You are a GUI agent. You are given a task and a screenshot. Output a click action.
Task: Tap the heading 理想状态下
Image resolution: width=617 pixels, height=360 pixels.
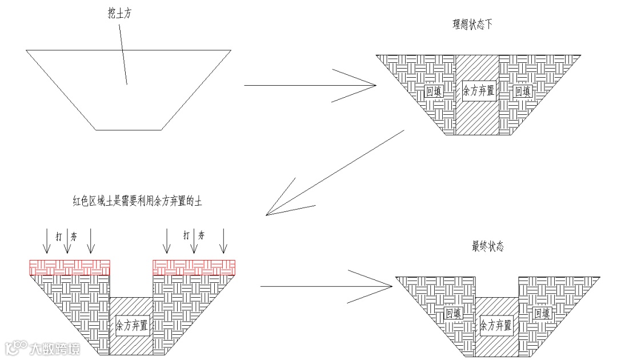click(472, 25)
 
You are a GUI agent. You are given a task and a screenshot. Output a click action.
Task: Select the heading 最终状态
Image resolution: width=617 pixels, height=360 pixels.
click(488, 247)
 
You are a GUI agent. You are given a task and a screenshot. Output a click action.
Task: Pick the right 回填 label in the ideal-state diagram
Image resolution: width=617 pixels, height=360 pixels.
click(522, 91)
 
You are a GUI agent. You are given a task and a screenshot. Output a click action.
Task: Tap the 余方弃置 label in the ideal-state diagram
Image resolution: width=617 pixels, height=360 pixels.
click(478, 90)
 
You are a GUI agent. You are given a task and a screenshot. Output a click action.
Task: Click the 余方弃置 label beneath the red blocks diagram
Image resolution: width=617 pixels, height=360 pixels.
click(131, 326)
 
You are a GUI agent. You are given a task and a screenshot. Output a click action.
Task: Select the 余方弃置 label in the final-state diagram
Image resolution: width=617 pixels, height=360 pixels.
click(496, 326)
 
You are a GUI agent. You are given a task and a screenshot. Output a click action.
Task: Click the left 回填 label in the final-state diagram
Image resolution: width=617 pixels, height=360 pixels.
click(453, 313)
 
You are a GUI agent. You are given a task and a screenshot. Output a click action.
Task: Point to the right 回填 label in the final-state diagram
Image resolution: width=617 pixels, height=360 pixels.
click(542, 313)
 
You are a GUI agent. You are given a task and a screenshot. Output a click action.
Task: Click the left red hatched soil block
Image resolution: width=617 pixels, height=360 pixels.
click(69, 266)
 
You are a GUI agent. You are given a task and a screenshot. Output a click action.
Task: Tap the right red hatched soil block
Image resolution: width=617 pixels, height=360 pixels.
click(194, 266)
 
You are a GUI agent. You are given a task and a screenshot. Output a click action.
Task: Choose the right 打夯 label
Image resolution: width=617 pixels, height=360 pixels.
click(194, 235)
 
